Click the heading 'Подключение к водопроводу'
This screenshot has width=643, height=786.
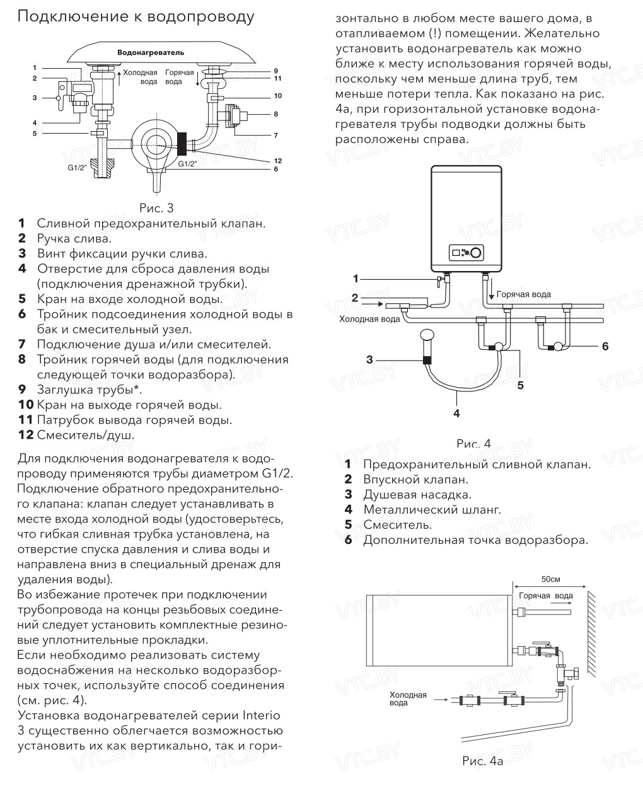(x=136, y=17)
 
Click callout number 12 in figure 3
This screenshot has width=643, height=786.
(x=277, y=161)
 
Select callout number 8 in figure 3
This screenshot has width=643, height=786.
(x=275, y=114)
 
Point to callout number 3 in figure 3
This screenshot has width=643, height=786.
(x=35, y=98)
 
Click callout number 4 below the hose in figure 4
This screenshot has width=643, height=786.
(x=456, y=413)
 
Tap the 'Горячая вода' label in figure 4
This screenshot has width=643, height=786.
(x=523, y=294)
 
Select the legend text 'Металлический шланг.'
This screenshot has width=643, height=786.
(x=432, y=510)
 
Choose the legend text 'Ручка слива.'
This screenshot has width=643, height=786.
(x=74, y=239)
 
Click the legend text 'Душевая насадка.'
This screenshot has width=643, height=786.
(x=417, y=495)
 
